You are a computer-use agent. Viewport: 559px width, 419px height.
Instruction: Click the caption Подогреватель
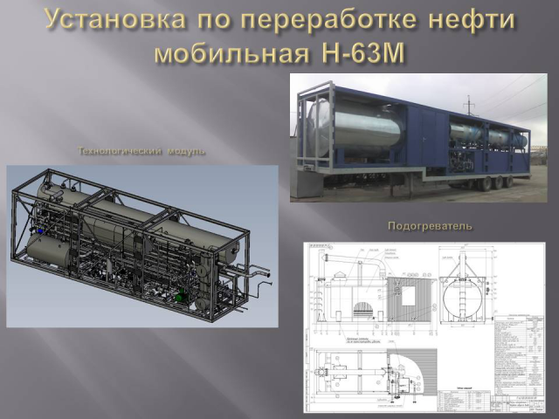point(430,226)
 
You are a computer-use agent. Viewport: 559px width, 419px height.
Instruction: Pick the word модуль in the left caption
point(186,151)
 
